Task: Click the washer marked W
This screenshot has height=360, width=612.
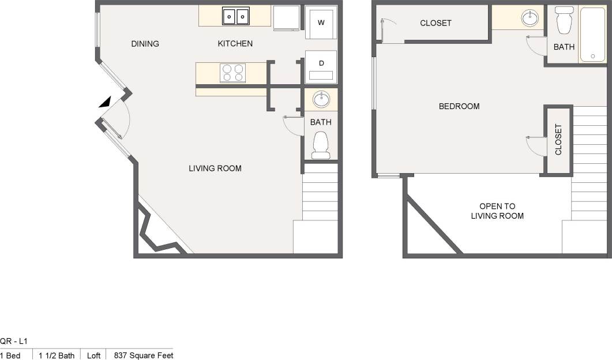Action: coord(321,23)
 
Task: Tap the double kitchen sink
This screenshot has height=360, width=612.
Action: coord(236,17)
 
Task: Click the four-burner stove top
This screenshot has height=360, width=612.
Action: coord(232,73)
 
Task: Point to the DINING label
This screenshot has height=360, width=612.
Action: coord(145,44)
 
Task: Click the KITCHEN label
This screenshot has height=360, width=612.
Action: coord(235,44)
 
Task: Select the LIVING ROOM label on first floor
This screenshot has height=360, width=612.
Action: coord(215,168)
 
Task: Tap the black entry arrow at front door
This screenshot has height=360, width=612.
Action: coord(104,102)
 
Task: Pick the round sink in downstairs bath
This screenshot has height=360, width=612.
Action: coord(321,100)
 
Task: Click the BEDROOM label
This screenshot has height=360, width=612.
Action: coord(459,106)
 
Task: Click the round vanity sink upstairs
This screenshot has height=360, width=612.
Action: coord(530,18)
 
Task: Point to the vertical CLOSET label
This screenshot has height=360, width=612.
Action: coord(558,140)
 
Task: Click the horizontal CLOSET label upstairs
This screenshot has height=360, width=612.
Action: coord(435,23)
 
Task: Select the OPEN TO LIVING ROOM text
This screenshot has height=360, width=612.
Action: coord(497,211)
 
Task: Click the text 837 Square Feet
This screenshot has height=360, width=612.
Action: coord(144,355)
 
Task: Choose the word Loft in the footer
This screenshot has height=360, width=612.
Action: coord(93,355)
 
